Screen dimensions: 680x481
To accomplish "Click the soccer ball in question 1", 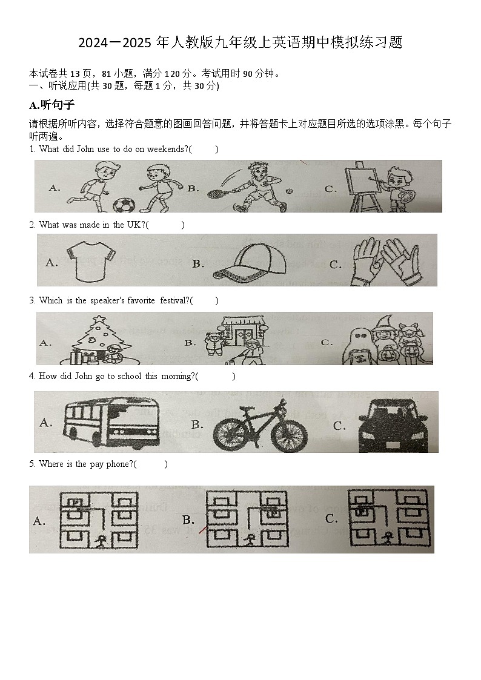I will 125,206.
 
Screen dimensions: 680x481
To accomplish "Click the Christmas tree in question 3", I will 98,339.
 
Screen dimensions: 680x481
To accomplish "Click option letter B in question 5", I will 188,520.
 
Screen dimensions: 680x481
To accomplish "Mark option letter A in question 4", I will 45,422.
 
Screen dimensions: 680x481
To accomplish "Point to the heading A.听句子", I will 51,105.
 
